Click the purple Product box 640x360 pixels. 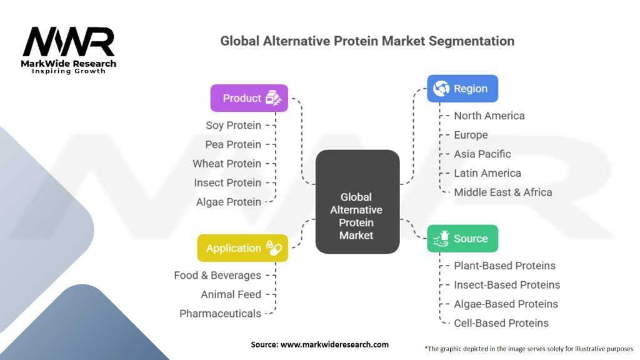[249, 98]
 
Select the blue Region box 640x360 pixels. [462, 89]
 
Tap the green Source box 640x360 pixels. [462, 238]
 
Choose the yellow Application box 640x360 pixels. [242, 248]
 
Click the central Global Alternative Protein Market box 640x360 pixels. [357, 202]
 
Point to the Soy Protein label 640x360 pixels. [233, 125]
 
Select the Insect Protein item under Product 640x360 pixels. [227, 183]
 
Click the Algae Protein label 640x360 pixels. [229, 202]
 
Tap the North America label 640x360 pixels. [489, 116]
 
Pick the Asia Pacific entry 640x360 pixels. [482, 154]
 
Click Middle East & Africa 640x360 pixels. [503, 192]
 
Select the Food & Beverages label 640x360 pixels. [217, 276]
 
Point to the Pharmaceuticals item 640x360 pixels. [221, 314]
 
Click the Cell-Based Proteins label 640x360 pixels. [501, 323]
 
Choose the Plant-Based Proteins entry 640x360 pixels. [505, 266]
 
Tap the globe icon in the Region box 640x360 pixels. [441, 89]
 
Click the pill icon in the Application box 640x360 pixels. [274, 247]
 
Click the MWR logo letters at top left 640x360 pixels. [69, 41]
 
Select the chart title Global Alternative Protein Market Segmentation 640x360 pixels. [367, 41]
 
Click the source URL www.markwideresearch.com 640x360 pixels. [335, 344]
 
